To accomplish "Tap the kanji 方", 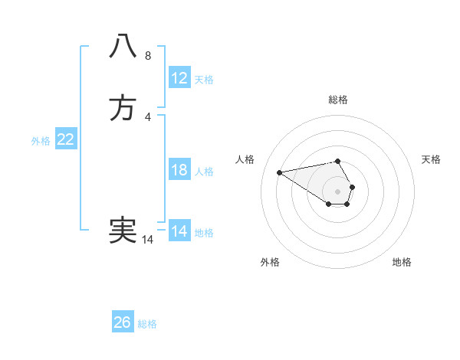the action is pos(123,108).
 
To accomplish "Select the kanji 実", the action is pos(123,230).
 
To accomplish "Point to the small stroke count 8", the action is pos(148,55).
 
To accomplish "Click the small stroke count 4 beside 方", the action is pos(148,116).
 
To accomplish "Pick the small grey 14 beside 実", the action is pos(148,240).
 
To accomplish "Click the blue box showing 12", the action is pos(179,78).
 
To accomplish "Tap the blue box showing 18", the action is pos(179,170).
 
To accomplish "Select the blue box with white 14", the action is pos(179,231).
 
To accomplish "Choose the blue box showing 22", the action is pos(66,139).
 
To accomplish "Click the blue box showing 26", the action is pos(123,322).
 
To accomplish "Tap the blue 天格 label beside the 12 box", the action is pos(204,80).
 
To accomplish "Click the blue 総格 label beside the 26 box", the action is pos(147,324).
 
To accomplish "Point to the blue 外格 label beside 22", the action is pos(41,141).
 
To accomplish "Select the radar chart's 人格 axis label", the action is pos(245,159).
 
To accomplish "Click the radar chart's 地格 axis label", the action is pos(402,262).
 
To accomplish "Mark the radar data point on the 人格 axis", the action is pos(279,172).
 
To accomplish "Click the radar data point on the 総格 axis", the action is pos(337,161).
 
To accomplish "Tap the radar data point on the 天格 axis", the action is pos(352,187).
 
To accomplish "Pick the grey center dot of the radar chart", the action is pos(337,191).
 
